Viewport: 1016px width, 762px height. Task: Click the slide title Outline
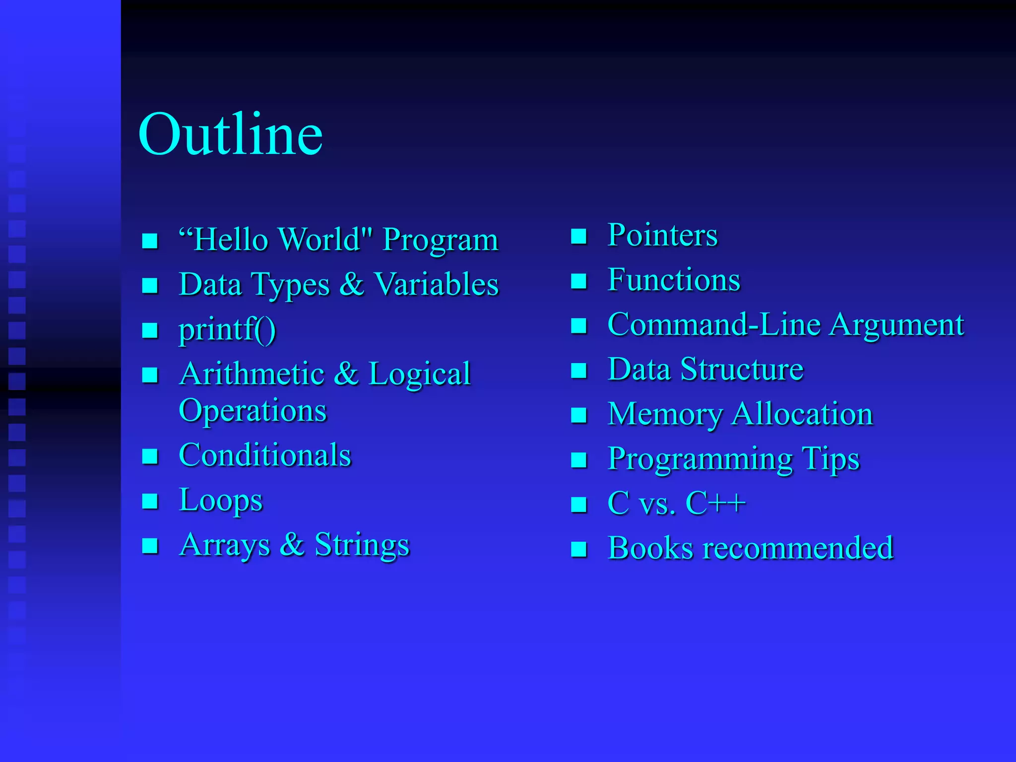pyautogui.click(x=231, y=134)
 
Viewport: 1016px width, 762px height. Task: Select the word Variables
pyautogui.click(x=436, y=285)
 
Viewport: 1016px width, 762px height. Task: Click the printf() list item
pyautogui.click(x=227, y=329)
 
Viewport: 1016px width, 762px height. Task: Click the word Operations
pyautogui.click(x=253, y=411)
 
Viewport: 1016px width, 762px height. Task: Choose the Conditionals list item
pyautogui.click(x=265, y=455)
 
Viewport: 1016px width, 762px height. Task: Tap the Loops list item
pyautogui.click(x=221, y=500)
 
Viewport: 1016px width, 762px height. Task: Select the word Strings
pyautogui.click(x=362, y=545)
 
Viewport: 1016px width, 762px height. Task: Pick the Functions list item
pyautogui.click(x=674, y=280)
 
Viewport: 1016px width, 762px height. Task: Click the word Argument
pyautogui.click(x=897, y=325)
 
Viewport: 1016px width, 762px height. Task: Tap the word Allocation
pyautogui.click(x=802, y=414)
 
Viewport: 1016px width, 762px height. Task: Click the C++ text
pyautogui.click(x=715, y=504)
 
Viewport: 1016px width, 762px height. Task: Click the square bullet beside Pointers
pyautogui.click(x=579, y=237)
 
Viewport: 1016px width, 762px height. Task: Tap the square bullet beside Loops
pyautogui.click(x=150, y=502)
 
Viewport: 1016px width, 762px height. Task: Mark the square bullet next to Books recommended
pyautogui.click(x=579, y=550)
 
